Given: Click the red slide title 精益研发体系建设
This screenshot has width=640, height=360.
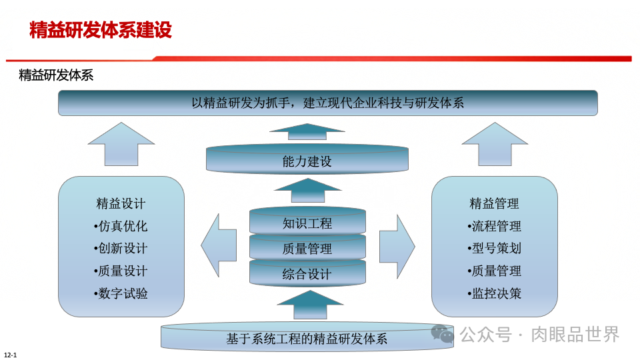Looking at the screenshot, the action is point(101,30).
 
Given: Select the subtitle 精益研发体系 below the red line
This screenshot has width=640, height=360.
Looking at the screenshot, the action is point(56,75).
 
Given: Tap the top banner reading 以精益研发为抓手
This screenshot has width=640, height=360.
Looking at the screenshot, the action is point(327,103).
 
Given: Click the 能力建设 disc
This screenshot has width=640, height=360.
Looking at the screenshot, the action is point(307,161).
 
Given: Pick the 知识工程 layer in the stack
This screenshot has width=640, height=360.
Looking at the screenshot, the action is point(307,223).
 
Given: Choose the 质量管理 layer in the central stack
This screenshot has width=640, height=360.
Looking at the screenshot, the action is point(307,249).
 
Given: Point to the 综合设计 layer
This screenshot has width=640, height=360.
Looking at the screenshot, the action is point(307,274).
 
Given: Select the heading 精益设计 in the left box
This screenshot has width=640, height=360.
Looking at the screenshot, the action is point(121,203).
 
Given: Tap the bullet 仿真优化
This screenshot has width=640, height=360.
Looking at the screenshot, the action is point(121,226).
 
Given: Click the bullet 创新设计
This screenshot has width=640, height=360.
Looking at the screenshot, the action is point(121,249).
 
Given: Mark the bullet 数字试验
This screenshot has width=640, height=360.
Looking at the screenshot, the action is point(121,293).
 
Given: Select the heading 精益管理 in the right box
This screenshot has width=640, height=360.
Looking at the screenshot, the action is point(494,203).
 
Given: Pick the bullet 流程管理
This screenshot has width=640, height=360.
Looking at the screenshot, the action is point(494,226).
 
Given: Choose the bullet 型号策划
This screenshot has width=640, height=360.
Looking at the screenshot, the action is point(494,249).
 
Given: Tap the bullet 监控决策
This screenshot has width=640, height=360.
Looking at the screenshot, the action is point(494,293).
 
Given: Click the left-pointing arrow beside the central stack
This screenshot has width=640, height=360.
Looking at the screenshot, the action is point(219,245).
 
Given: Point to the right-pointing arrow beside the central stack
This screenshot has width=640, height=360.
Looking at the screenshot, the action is point(397,245).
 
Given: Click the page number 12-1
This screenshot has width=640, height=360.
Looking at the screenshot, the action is point(10,354).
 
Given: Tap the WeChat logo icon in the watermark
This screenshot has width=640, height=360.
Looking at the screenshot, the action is point(442,334).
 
